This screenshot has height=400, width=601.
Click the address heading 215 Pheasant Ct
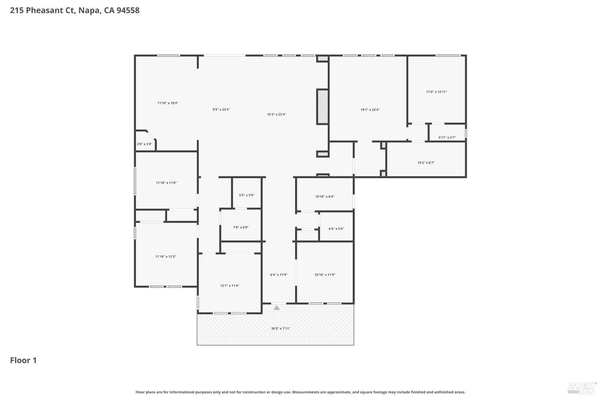pos(75,10)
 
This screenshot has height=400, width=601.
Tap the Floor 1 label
pos(23,360)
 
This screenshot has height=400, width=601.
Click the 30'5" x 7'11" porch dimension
pos(280,328)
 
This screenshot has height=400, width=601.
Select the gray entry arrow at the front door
pos(276,308)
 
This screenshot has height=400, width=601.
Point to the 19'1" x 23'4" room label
pos(370,110)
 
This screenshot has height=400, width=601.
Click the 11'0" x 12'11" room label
pos(436,92)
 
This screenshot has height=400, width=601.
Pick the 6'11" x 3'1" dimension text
pos(447,137)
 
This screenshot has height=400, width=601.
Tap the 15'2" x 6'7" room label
pos(426,162)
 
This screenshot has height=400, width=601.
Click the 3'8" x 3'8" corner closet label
pos(144,144)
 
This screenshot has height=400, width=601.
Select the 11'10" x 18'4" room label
pos(168,103)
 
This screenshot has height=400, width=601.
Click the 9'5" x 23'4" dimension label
pos(221,109)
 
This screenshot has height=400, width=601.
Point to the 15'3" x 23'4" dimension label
pos(276,114)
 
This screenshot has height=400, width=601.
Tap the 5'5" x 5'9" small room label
pos(247,195)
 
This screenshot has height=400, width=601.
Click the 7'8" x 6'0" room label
pos(241,227)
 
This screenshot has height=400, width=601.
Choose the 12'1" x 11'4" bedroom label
pos(230,286)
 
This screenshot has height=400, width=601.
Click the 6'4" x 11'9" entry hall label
pos(278,275)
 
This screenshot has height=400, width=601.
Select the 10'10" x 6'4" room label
pos(325,196)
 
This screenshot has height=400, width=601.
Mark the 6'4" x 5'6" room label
pos(336,229)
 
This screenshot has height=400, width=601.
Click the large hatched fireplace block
pos(323,106)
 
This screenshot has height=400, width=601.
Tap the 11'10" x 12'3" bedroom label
pos(166,256)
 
